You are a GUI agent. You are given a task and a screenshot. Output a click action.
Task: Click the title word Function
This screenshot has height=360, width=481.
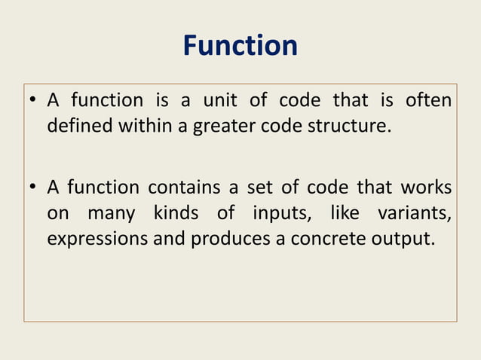240,47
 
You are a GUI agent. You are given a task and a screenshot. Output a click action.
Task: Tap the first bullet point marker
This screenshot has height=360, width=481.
34,102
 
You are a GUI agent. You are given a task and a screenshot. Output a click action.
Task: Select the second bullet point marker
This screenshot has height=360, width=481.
34,188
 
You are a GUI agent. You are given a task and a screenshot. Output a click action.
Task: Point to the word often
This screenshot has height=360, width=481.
428,100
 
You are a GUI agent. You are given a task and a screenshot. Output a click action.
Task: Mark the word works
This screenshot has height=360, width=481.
426,187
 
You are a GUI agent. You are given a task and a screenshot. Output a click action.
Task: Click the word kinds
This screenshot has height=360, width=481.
176,213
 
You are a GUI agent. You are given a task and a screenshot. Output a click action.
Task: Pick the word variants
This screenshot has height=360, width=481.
418,213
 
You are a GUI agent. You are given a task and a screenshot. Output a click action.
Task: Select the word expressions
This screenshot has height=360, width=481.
97,240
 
